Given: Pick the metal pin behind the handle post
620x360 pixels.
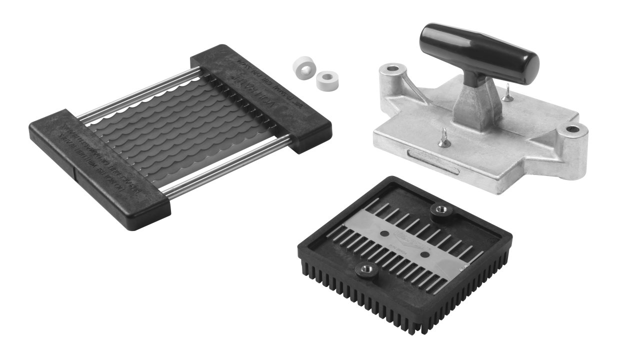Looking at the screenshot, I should click(508, 93).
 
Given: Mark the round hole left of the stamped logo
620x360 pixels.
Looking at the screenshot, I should click(383, 233).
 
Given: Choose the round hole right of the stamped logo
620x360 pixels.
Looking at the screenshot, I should click(424, 254).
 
